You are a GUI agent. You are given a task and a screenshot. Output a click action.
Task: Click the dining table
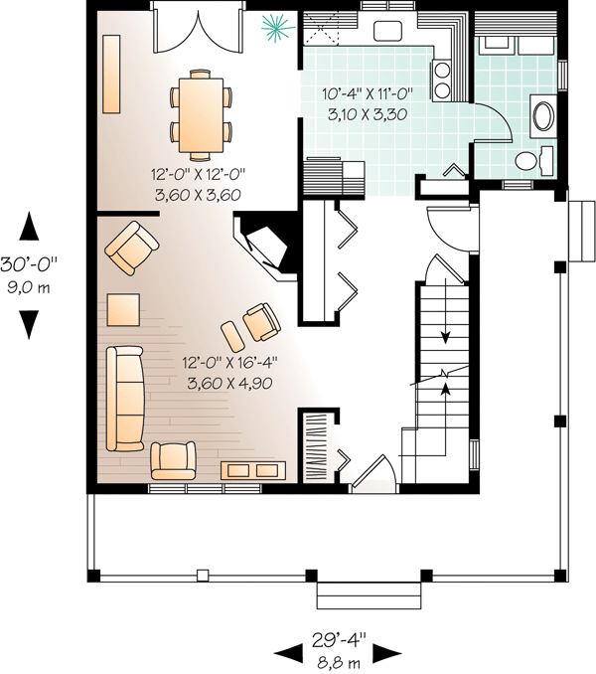(201, 114)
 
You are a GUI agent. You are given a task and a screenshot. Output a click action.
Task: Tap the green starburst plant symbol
(278, 28)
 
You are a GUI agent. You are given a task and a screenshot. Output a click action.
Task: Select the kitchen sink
(387, 31)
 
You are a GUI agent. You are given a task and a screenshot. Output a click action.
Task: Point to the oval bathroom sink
(543, 116)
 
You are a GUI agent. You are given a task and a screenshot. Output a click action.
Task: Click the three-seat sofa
(125, 399)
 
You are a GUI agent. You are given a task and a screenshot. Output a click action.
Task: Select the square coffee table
(123, 309)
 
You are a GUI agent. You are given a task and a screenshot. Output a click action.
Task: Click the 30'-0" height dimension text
(29, 263)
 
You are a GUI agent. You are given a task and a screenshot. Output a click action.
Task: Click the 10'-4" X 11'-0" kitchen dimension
(368, 93)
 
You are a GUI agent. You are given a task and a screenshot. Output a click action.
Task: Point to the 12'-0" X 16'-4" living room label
(229, 363)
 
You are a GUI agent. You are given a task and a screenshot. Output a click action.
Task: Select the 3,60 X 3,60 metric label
(198, 195)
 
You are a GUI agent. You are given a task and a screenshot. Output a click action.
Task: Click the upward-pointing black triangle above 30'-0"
(29, 226)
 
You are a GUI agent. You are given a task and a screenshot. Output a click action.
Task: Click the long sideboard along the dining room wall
(111, 74)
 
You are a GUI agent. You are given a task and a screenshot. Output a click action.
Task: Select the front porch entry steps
(369, 595)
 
